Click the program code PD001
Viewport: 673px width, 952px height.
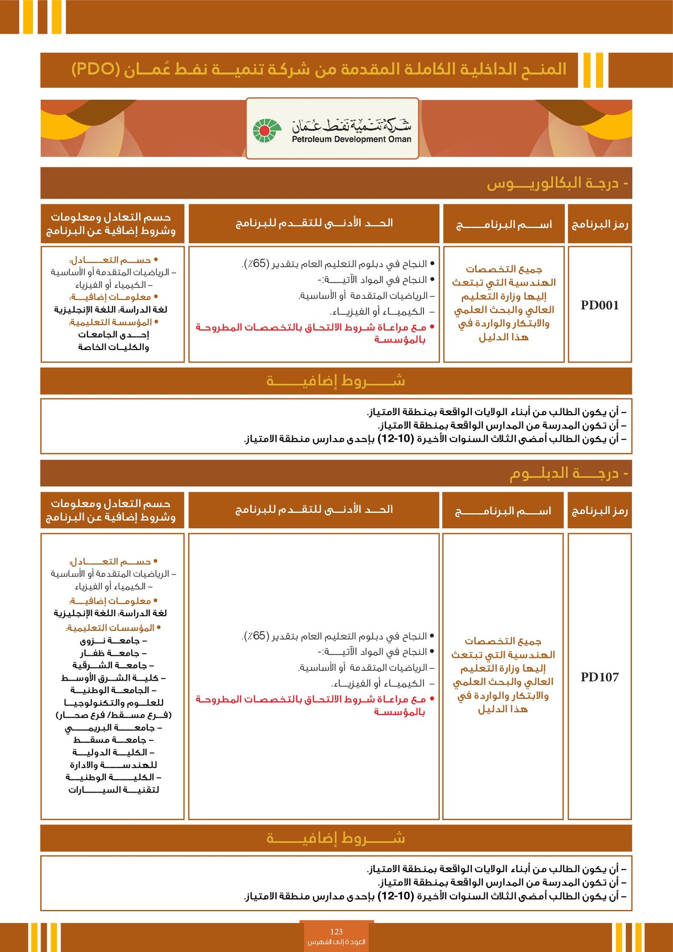click(600, 305)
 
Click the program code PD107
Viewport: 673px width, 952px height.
click(600, 677)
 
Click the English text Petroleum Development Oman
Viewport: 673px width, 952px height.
click(352, 139)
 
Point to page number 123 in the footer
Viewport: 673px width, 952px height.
click(336, 931)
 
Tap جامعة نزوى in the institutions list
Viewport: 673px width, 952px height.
click(113, 641)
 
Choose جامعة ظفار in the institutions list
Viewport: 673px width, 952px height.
click(113, 653)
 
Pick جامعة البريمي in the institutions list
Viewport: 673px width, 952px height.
click(113, 727)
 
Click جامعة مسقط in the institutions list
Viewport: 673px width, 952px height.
click(113, 740)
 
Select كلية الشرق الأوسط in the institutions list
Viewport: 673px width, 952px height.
click(113, 678)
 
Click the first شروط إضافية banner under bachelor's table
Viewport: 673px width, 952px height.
click(336, 381)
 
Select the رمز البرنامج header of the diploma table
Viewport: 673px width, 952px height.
click(600, 511)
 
